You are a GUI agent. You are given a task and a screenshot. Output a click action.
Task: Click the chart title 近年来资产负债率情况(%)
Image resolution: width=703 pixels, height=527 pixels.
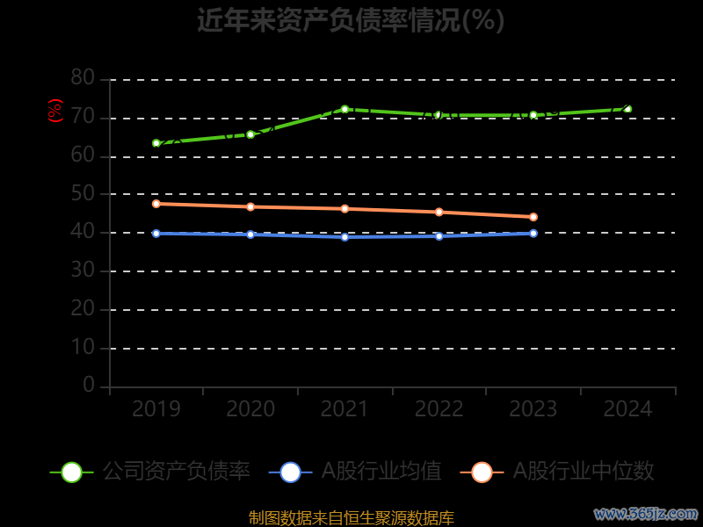[x=351, y=20]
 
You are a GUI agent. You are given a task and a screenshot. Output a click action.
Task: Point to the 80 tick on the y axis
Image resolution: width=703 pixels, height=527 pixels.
[x=83, y=78]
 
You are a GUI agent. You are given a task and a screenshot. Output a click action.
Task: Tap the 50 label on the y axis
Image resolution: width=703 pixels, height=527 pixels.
[x=83, y=193]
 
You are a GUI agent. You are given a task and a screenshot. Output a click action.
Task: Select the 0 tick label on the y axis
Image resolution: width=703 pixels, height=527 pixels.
[x=89, y=386]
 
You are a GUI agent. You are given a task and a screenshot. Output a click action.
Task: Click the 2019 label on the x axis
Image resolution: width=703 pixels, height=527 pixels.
[x=156, y=409]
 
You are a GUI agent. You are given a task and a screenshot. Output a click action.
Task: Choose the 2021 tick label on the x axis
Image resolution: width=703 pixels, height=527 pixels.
[x=344, y=409]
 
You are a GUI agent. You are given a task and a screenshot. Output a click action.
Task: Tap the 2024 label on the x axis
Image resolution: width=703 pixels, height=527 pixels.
[x=627, y=409]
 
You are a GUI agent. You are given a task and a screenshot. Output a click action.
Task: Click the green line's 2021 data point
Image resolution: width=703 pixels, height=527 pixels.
[x=344, y=109]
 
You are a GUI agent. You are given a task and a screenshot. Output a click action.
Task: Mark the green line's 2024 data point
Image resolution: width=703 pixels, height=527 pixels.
[x=627, y=109]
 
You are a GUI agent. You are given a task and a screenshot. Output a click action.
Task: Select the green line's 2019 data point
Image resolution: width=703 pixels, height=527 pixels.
[x=156, y=143]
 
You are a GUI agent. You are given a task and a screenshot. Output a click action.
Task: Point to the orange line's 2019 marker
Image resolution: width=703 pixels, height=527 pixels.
[x=156, y=204]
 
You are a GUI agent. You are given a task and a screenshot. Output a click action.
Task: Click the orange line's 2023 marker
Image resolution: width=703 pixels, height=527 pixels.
[x=533, y=217]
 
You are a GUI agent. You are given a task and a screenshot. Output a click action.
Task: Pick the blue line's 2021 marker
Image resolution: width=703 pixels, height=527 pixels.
[x=344, y=237]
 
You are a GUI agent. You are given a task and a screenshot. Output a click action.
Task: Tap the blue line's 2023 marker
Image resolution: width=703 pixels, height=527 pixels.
[x=533, y=233]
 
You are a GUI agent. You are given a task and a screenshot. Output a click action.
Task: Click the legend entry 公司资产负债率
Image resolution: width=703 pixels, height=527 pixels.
[x=176, y=472]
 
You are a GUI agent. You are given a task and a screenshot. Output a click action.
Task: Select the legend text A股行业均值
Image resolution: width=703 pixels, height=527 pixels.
[x=381, y=472]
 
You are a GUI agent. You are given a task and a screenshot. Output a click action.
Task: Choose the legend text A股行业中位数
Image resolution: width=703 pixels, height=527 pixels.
[x=583, y=472]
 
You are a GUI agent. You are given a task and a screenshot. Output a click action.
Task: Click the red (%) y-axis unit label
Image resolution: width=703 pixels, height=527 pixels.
[x=55, y=111]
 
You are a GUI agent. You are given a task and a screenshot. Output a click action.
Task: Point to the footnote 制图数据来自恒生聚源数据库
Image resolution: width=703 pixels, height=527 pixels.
[x=351, y=518]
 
